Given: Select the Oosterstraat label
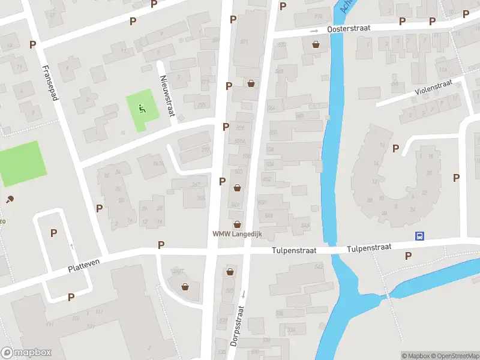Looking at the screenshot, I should [x=349, y=28].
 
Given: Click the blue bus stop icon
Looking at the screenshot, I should [x=420, y=236].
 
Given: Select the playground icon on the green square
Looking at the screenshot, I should [x=142, y=109].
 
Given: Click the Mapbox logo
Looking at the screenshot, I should [x=26, y=353].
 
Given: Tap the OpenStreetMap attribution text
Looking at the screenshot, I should [x=455, y=356].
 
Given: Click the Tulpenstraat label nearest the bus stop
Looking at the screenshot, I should [x=370, y=247].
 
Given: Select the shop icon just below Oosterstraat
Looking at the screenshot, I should [x=316, y=44].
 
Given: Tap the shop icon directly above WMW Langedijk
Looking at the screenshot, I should [x=238, y=223].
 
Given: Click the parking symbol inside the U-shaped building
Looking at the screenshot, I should [x=395, y=149].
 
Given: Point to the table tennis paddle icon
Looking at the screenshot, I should [x=10, y=199].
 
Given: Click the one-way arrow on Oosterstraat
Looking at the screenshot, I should [x=314, y=31].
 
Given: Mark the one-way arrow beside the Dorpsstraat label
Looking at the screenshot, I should [x=244, y=293].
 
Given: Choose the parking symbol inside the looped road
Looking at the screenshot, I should [x=53, y=233].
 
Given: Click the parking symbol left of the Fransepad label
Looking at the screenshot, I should [x=32, y=44].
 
